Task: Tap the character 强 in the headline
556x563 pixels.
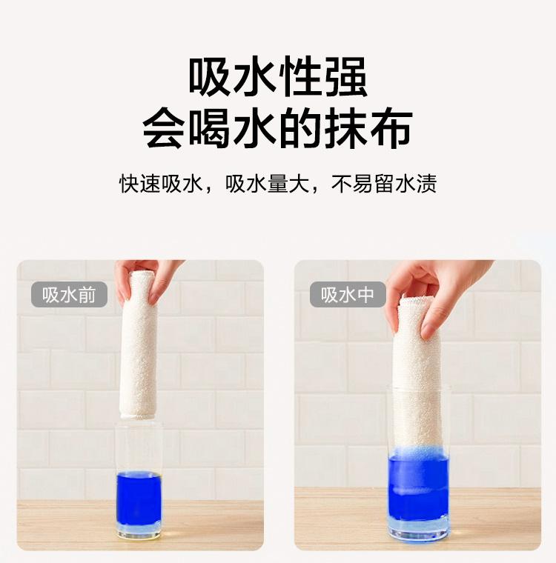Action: click(x=345, y=76)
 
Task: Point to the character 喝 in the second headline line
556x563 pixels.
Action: click(x=210, y=127)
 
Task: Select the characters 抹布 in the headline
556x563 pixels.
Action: click(x=368, y=127)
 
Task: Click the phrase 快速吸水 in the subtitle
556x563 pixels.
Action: click(x=161, y=184)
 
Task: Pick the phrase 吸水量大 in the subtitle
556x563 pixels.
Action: click(x=268, y=184)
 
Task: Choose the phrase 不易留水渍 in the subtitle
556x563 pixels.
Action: click(x=384, y=184)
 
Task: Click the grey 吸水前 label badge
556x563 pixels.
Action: click(x=69, y=294)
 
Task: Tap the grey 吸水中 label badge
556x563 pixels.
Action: click(x=348, y=294)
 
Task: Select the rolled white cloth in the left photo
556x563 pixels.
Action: click(x=139, y=344)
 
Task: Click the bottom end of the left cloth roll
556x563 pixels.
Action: click(x=139, y=416)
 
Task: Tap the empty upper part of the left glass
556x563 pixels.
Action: click(x=139, y=447)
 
